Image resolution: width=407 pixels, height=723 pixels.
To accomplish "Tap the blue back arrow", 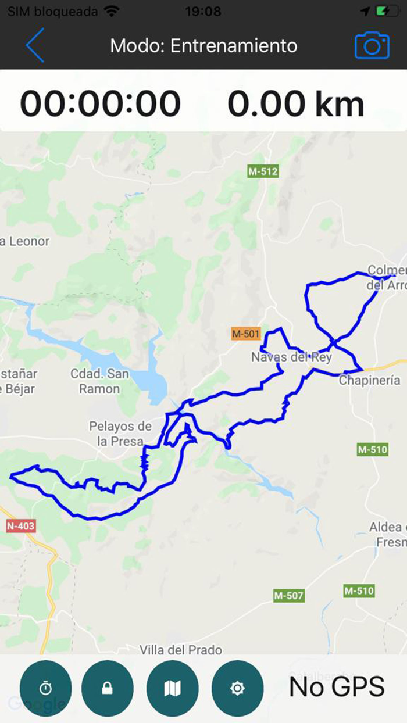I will pyautogui.click(x=35, y=45).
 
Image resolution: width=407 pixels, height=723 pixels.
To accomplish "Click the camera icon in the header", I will pyautogui.click(x=372, y=46).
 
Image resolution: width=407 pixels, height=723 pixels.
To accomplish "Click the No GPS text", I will pyautogui.click(x=337, y=687).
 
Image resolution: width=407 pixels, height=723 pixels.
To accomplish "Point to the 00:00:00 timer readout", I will pyautogui.click(x=101, y=103).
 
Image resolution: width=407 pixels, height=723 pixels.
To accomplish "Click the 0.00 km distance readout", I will pyautogui.click(x=295, y=103).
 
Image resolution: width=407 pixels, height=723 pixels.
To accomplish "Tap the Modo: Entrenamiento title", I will pyautogui.click(x=203, y=45).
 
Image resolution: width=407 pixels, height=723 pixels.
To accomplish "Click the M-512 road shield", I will pyautogui.click(x=263, y=171).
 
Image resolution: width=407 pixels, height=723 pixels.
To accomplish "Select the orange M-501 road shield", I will pyautogui.click(x=245, y=334).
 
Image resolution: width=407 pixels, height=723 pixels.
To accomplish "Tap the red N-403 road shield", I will pyautogui.click(x=21, y=527).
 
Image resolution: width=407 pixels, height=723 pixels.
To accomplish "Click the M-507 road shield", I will pyautogui.click(x=288, y=596).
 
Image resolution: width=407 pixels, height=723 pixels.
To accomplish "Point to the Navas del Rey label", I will pyautogui.click(x=291, y=357).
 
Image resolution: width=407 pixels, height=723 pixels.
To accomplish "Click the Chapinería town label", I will pyautogui.click(x=369, y=381).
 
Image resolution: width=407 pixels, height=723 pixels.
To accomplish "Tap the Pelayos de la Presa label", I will pyautogui.click(x=120, y=434).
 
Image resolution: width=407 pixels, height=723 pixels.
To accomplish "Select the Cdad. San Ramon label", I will pyautogui.click(x=99, y=381).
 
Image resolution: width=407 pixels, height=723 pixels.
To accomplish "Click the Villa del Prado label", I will pyautogui.click(x=181, y=649).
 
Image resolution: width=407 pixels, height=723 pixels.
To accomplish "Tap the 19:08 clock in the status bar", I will pyautogui.click(x=203, y=12).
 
